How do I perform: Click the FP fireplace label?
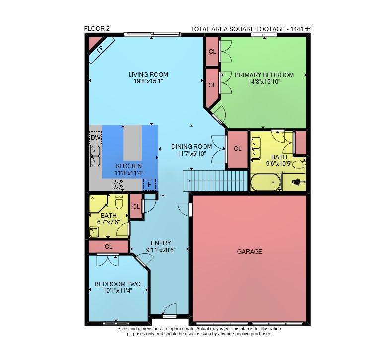click(x=100, y=49)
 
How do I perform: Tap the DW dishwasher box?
click(x=95, y=138)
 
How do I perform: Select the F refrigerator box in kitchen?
click(x=150, y=184)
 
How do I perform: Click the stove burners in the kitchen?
click(x=118, y=185)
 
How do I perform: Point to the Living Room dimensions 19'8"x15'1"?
click(x=148, y=81)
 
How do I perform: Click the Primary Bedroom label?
click(x=264, y=75)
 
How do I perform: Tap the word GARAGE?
click(x=250, y=252)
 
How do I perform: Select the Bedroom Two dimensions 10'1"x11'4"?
click(x=118, y=291)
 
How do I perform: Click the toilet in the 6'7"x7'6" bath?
click(x=119, y=202)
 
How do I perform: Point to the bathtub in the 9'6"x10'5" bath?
click(x=265, y=182)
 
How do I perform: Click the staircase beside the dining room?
click(x=215, y=180)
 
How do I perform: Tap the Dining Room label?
click(x=192, y=147)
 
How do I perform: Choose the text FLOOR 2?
click(x=97, y=29)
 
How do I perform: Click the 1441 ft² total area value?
click(x=301, y=29)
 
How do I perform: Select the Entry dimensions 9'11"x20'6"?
click(x=161, y=250)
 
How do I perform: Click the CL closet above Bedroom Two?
click(x=108, y=247)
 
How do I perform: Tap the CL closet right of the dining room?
click(x=238, y=149)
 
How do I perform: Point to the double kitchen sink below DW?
click(x=95, y=156)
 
